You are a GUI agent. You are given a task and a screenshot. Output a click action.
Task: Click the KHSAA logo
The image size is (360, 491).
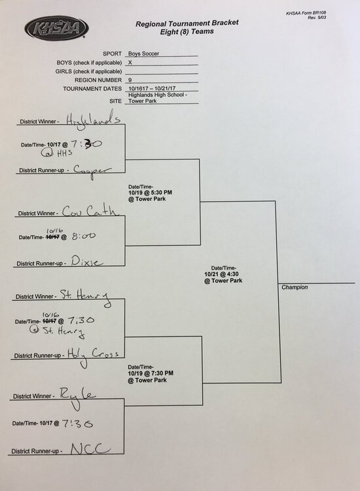click(x=56, y=28)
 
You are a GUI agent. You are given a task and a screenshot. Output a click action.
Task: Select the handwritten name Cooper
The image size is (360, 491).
click(x=92, y=171)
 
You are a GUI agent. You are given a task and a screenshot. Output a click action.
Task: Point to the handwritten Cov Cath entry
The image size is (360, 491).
click(x=90, y=211)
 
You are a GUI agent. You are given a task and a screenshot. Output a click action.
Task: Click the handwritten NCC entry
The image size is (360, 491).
click(x=90, y=448)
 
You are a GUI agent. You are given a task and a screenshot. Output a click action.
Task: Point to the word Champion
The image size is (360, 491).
click(x=295, y=287)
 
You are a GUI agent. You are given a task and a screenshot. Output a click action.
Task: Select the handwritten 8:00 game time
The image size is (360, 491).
click(x=84, y=236)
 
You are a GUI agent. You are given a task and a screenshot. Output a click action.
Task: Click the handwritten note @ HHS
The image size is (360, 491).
click(x=56, y=153)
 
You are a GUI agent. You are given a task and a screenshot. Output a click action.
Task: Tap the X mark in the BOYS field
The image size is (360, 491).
click(x=130, y=62)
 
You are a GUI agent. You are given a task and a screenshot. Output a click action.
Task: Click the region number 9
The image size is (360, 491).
click(x=130, y=80)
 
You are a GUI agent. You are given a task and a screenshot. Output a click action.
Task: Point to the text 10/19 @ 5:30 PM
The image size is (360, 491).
click(x=151, y=192)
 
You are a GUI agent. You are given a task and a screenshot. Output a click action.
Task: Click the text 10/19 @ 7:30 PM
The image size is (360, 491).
click(x=151, y=373)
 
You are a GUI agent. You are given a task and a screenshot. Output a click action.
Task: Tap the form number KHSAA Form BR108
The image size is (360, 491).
click(x=306, y=13)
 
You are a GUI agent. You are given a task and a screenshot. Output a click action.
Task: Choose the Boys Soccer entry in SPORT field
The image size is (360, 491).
click(x=143, y=54)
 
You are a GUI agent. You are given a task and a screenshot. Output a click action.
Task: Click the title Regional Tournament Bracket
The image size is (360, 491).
click(x=187, y=23)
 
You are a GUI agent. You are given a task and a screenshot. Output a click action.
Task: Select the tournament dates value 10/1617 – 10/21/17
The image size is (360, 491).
click(x=152, y=88)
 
